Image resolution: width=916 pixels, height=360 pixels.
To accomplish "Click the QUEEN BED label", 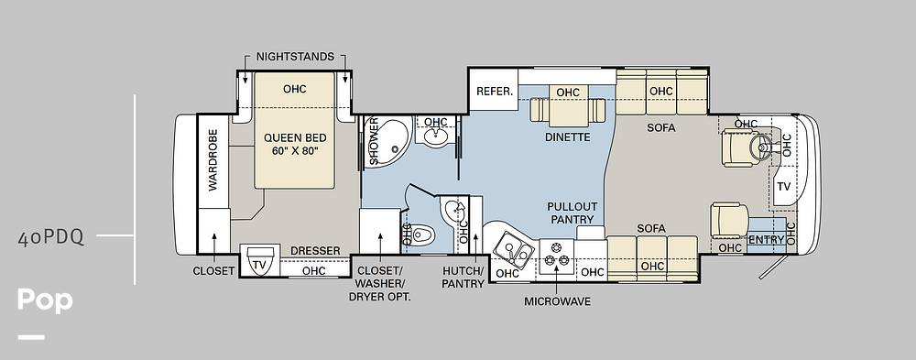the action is [x=295, y=138].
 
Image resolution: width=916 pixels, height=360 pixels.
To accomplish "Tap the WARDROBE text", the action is [x=213, y=159].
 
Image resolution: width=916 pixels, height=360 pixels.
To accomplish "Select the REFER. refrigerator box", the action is [x=494, y=90].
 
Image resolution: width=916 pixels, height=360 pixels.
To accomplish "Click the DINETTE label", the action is [x=568, y=138].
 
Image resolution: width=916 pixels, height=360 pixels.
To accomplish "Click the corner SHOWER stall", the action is [x=387, y=141].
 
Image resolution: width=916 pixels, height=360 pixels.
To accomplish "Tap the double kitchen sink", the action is [x=514, y=253].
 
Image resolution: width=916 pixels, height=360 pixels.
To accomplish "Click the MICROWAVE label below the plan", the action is [x=557, y=301].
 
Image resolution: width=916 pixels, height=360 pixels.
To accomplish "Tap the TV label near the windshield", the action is [x=783, y=187].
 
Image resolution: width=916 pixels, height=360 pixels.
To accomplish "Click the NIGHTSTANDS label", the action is [x=295, y=57].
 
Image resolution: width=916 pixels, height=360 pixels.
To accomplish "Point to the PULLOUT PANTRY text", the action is [x=572, y=213].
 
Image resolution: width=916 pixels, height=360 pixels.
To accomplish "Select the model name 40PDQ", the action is [x=50, y=238].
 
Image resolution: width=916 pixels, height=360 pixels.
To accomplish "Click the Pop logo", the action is [x=45, y=300].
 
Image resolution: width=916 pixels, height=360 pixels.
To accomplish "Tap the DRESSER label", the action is [x=315, y=251].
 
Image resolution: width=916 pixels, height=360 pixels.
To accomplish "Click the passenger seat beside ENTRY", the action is [x=729, y=220].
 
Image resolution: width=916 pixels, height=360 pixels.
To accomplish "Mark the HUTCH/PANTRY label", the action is [x=463, y=278].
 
